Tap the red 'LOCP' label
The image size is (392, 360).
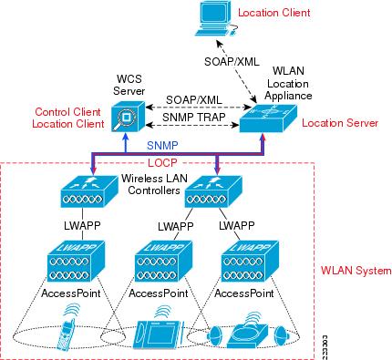pos(187,161)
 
